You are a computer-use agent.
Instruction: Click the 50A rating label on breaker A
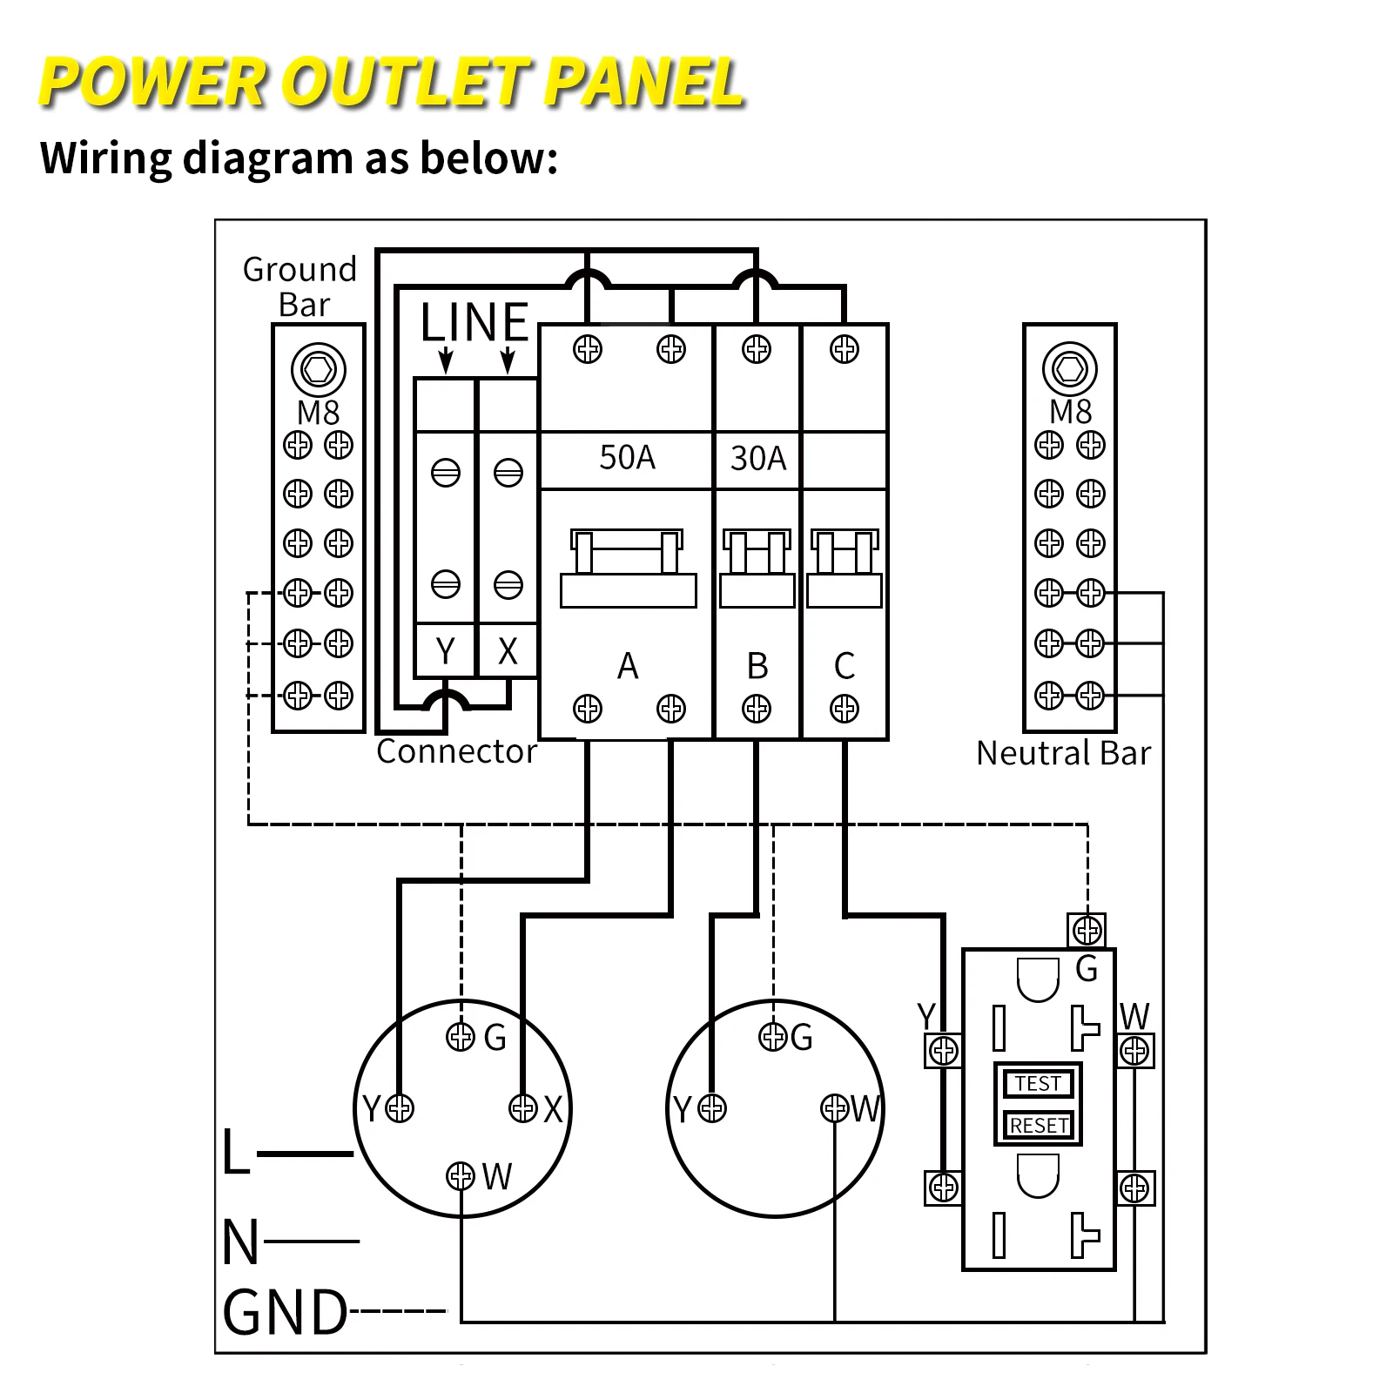tap(627, 458)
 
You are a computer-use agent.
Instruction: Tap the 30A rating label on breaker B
tap(757, 459)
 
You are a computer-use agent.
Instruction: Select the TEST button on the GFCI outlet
tap(1038, 1084)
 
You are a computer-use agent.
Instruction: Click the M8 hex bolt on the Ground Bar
tap(318, 369)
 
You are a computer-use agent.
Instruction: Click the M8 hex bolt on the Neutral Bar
tap(1069, 369)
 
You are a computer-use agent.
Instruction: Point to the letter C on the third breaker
tap(844, 666)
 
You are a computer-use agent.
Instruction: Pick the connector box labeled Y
tap(445, 650)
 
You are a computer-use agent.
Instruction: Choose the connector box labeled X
tap(508, 650)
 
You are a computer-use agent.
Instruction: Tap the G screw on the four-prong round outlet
tap(460, 1036)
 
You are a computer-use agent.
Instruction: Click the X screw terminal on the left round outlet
tap(523, 1108)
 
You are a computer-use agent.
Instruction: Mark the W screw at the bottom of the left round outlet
tap(460, 1176)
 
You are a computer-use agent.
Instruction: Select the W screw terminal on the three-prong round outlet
tap(834, 1108)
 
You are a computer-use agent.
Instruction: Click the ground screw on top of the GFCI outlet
tap(1087, 931)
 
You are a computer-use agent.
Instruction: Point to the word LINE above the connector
tap(474, 322)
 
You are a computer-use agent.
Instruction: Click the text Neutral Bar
tap(1063, 753)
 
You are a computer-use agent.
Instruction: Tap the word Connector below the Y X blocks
tap(456, 751)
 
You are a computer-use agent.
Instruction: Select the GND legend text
tap(286, 1313)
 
